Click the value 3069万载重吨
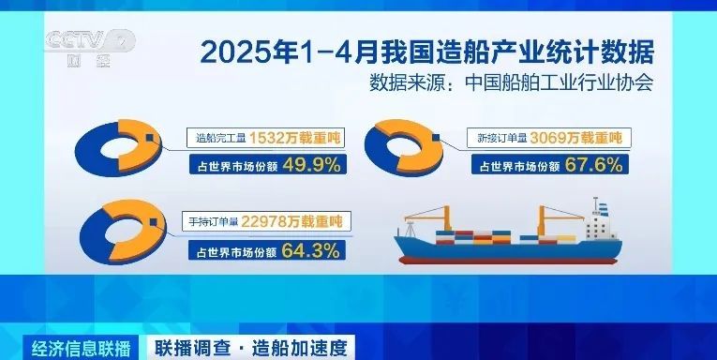pos(575,139)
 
